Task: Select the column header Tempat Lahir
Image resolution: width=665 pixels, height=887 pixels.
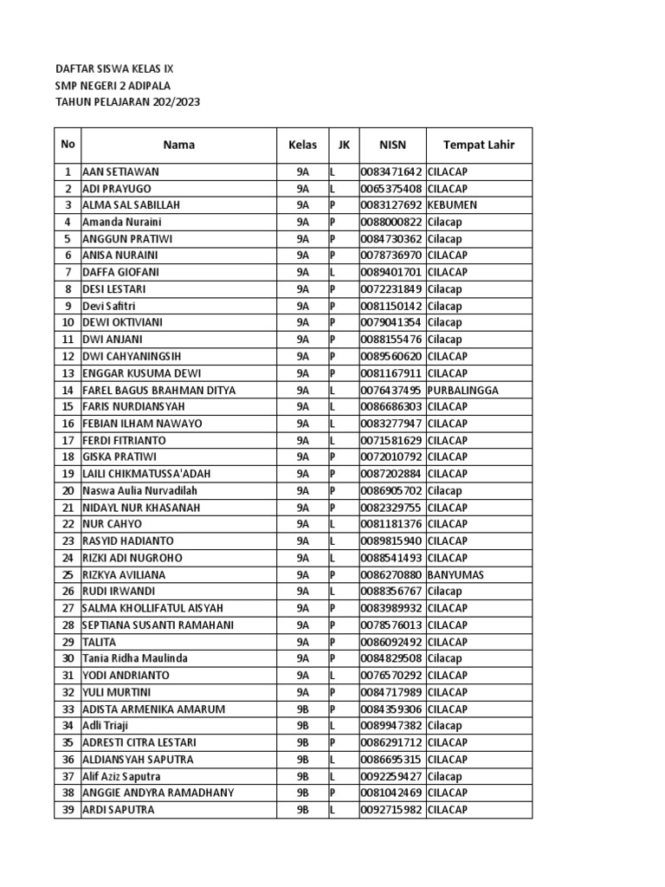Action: point(478,145)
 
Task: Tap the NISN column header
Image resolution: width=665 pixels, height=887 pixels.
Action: point(392,145)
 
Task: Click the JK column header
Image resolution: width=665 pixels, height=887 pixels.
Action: point(344,145)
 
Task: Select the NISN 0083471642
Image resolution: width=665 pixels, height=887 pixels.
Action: point(392,172)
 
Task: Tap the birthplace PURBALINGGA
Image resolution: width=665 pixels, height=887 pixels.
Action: point(462,390)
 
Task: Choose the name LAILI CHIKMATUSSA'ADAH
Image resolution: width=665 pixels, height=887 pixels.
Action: point(146,474)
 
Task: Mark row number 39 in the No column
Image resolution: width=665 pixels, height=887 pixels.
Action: point(67,810)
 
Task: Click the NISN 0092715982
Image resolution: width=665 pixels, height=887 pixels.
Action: point(392,810)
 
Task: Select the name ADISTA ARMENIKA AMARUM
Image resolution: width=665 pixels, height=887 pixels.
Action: point(153,709)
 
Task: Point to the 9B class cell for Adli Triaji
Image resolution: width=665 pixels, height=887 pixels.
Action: point(302,726)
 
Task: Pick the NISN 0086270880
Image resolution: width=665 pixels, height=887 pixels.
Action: point(392,574)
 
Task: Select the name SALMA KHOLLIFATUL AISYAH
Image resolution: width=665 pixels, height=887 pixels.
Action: point(152,608)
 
